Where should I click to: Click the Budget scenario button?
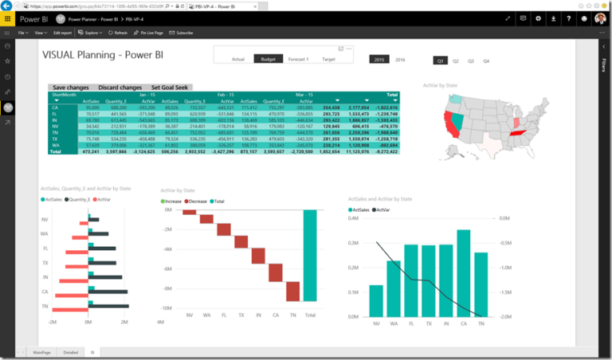(268, 60)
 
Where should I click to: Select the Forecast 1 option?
(298, 60)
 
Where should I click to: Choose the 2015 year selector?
(379, 60)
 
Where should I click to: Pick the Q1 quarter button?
(439, 61)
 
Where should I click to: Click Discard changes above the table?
(120, 87)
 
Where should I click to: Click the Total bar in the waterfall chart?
(310, 256)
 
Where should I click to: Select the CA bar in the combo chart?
(464, 273)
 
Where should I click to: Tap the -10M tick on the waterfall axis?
(166, 307)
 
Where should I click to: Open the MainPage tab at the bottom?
(42, 351)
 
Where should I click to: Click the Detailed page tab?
(71, 351)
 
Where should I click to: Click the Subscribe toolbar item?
(183, 33)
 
